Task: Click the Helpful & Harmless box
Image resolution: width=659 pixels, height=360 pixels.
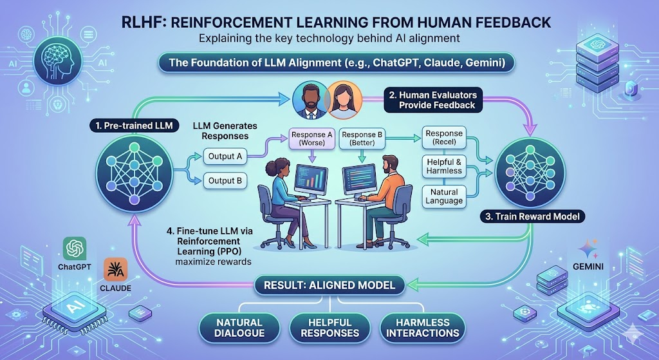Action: pos(445,166)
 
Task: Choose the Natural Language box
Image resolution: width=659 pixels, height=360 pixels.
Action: pos(445,196)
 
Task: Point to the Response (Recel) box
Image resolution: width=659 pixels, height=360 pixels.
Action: pos(445,137)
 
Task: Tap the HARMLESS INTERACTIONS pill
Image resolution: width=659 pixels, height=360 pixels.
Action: pos(423,327)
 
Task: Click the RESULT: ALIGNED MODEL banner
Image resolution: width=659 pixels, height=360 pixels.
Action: pos(329,284)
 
